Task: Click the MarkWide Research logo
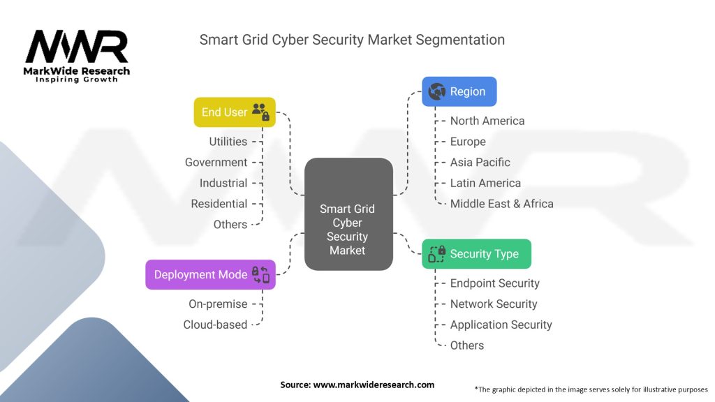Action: tap(77, 54)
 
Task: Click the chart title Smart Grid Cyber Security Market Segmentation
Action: tap(352, 39)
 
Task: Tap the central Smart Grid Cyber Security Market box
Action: tap(347, 214)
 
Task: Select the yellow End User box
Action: tap(235, 112)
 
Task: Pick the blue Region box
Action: tap(459, 91)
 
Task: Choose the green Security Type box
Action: tap(476, 253)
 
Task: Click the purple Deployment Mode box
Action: tap(210, 274)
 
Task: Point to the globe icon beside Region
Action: tap(437, 91)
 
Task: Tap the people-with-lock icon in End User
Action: tap(260, 112)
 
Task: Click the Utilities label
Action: tap(228, 142)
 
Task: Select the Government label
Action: tap(216, 163)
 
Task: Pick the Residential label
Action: tap(219, 204)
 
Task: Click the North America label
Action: tap(487, 121)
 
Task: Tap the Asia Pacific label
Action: tap(480, 163)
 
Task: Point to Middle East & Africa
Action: tap(501, 204)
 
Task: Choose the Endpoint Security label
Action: tap(494, 283)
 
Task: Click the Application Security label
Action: tap(501, 325)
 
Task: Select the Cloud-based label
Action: tap(215, 325)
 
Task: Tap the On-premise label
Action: tap(218, 304)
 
